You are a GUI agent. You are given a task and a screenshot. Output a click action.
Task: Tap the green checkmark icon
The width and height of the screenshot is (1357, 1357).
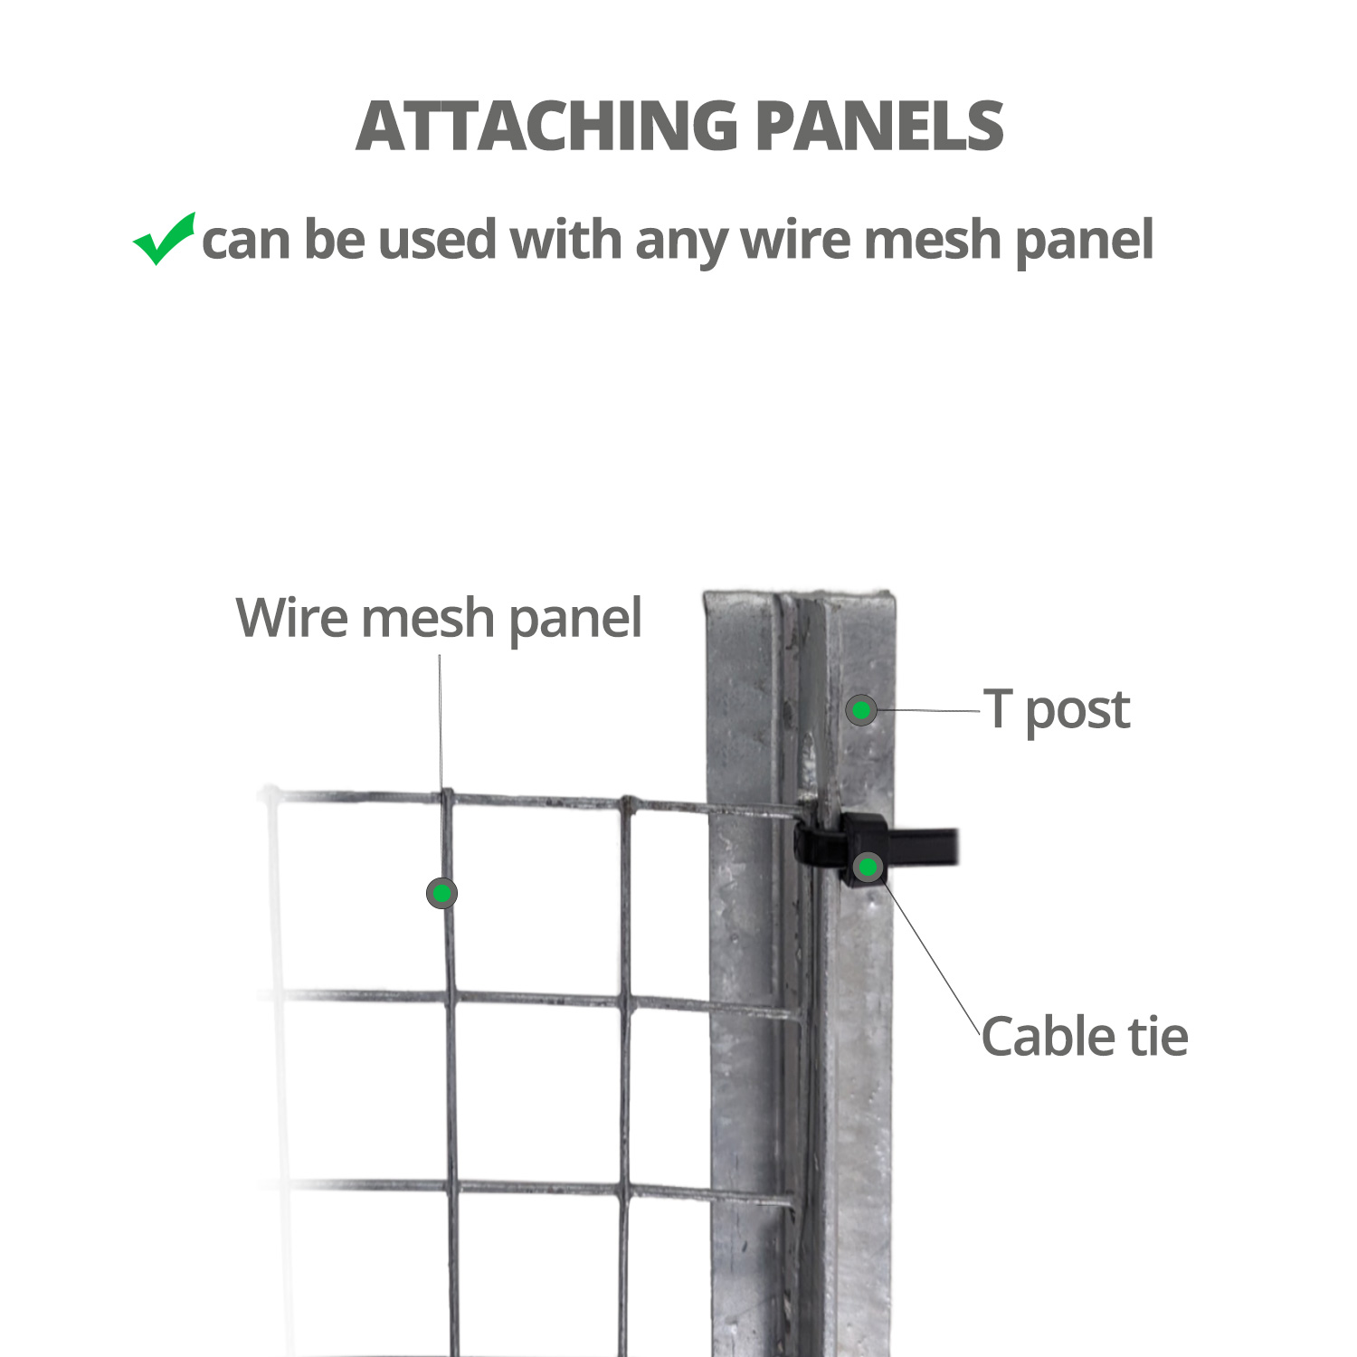164,239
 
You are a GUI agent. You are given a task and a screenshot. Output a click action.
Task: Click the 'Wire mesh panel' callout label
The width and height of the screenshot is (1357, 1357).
439,620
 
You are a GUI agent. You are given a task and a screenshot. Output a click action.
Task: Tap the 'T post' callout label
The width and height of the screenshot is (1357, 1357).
1057,710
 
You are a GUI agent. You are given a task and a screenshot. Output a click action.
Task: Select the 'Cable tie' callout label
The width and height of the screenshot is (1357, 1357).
1085,1036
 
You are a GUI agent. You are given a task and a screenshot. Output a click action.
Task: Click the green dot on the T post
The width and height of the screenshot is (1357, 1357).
861,710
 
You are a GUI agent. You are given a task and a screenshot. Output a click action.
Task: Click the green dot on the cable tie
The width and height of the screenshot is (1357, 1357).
868,868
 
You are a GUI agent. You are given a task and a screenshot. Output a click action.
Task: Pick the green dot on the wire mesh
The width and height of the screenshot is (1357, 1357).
441,894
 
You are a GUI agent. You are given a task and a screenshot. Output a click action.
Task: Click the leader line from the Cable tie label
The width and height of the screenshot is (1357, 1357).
931,957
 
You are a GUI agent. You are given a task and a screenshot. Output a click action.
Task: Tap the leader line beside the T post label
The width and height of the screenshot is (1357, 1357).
929,710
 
